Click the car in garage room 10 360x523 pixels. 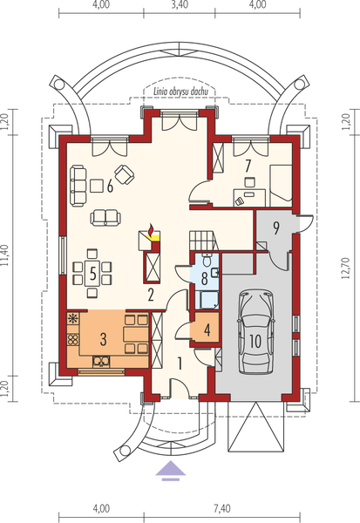(x=256, y=332)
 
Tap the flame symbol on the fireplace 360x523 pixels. (x=151, y=229)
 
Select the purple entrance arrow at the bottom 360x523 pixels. (x=171, y=471)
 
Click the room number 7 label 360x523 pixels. (x=248, y=166)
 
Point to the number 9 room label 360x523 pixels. (x=276, y=228)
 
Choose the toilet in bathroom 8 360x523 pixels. (x=207, y=260)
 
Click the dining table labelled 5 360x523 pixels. (x=92, y=274)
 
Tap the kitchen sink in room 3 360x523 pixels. (x=101, y=361)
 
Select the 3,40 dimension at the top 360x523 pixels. (x=180, y=4)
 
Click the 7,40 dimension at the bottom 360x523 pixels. (x=221, y=509)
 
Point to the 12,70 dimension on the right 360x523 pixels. (x=346, y=268)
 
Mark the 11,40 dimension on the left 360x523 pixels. (x=4, y=255)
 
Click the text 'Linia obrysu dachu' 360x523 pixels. (x=180, y=92)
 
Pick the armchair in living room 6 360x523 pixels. (x=125, y=174)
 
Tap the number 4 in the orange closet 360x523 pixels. (x=207, y=330)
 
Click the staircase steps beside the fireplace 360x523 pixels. (x=203, y=240)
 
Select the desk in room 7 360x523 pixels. (x=249, y=198)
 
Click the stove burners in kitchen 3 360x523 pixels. (x=72, y=339)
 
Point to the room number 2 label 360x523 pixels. (x=151, y=295)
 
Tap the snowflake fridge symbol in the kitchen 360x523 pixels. (x=72, y=318)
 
